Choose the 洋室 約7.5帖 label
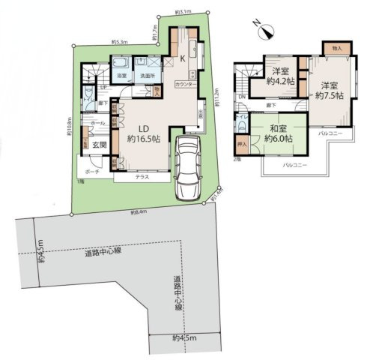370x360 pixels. click(328, 91)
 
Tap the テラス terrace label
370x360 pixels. click(141, 178)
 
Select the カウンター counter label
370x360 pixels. click(186, 85)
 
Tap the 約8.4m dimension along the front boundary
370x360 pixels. click(138, 212)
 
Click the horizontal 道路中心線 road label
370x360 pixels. click(102, 253)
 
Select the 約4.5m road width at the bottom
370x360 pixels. click(184, 338)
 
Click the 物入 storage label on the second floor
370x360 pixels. click(336, 47)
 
